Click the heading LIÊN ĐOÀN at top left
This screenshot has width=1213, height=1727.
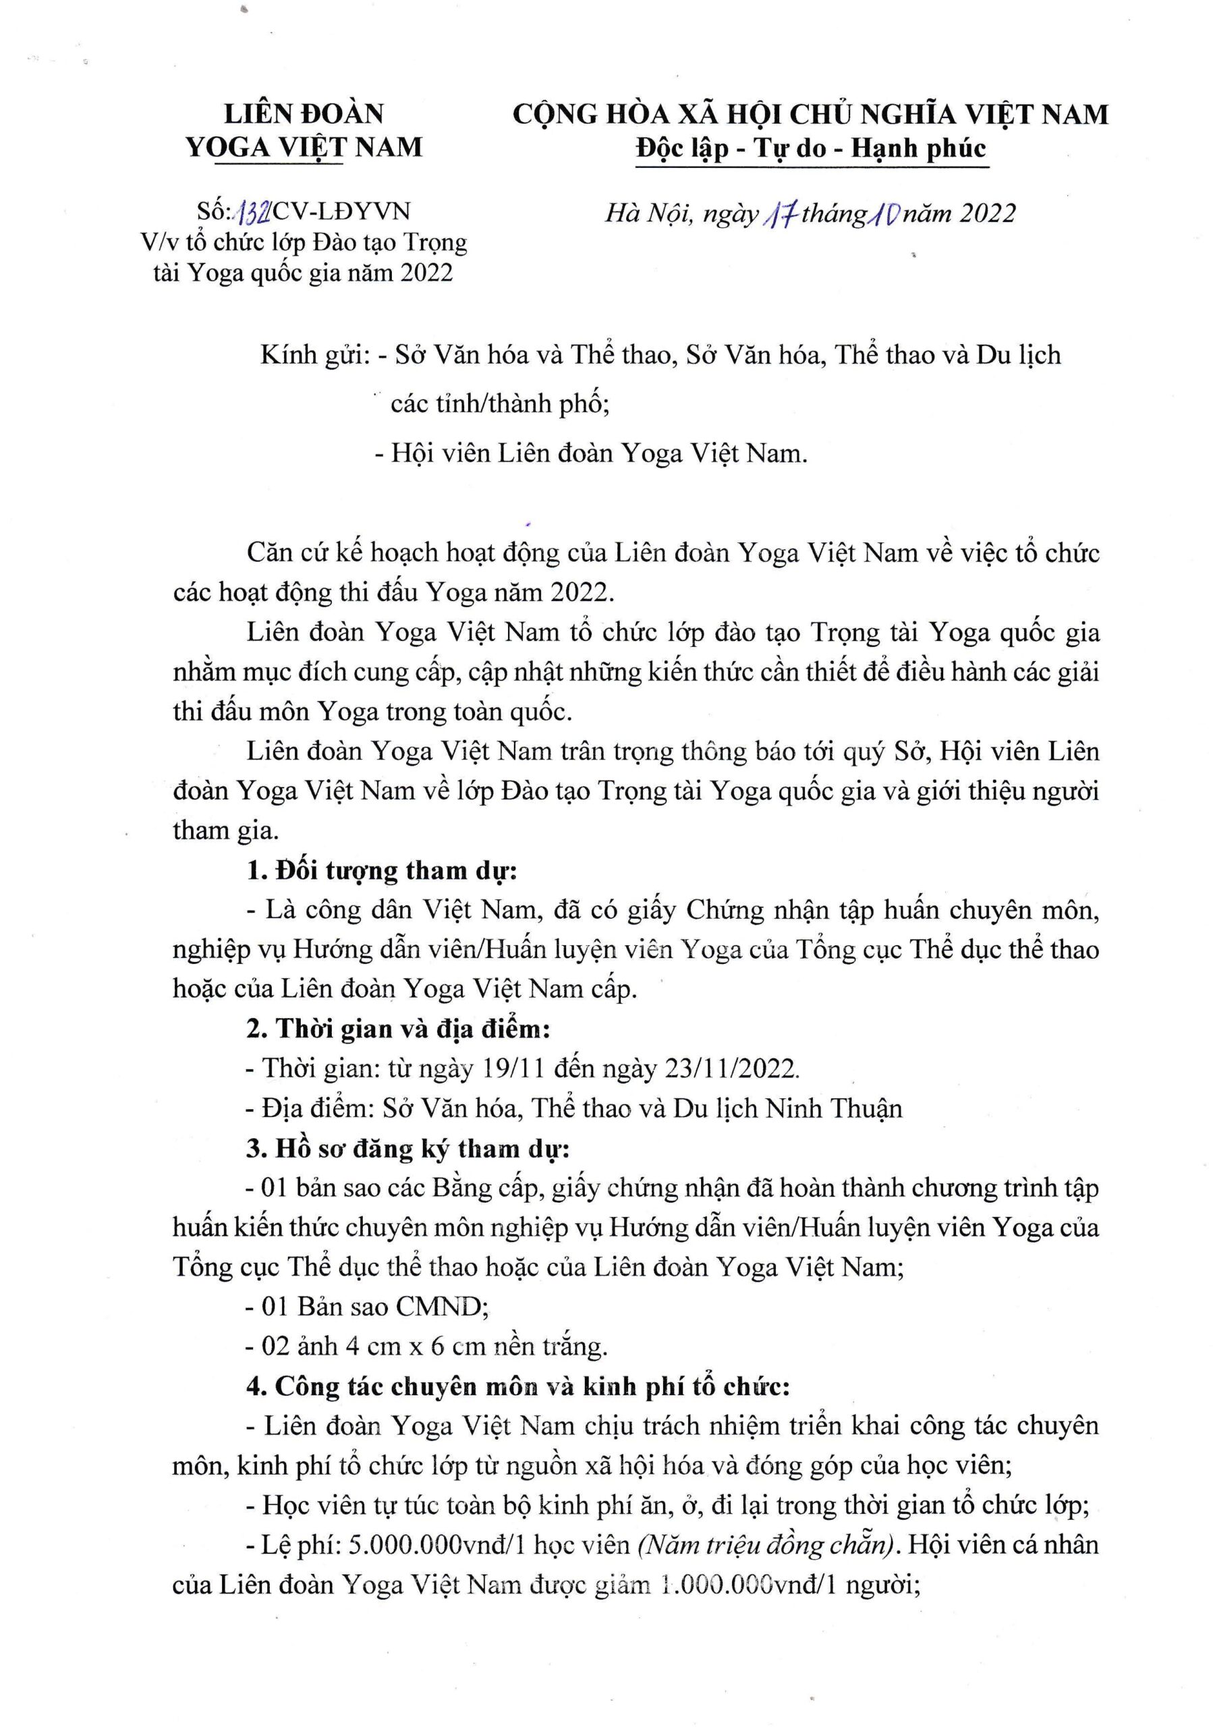click(304, 113)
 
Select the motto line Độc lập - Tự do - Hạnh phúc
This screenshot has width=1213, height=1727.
click(810, 148)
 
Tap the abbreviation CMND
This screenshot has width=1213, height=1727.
click(442, 1307)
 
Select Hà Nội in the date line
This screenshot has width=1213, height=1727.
click(648, 215)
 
